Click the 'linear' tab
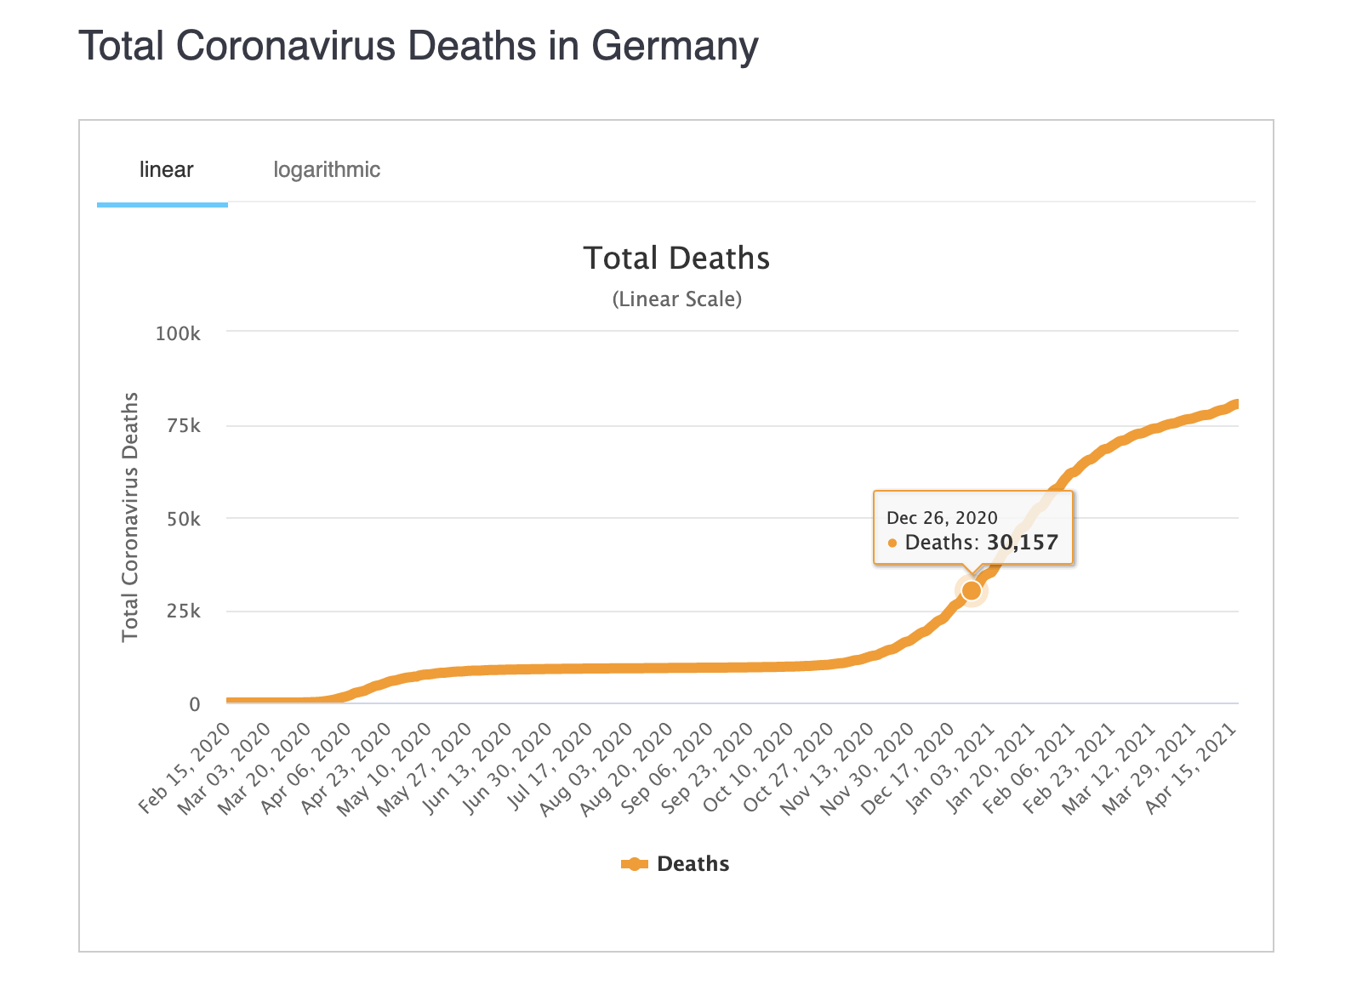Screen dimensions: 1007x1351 (x=166, y=170)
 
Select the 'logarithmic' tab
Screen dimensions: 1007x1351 (x=327, y=170)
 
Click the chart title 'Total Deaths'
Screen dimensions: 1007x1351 (x=676, y=259)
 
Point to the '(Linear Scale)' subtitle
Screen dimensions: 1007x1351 (x=676, y=299)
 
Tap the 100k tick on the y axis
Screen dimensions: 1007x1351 (x=178, y=333)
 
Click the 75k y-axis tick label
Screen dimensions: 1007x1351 (x=183, y=425)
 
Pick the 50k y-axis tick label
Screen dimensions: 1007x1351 (x=183, y=519)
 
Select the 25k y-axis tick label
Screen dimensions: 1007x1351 (x=183, y=612)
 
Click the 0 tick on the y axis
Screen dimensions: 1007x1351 (x=195, y=704)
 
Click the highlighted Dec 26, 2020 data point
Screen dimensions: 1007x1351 (x=972, y=590)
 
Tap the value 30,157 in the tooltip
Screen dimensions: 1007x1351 (x=1022, y=543)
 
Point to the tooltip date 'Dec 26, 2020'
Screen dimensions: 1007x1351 (x=942, y=518)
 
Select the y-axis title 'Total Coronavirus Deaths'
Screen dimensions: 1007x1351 (x=130, y=517)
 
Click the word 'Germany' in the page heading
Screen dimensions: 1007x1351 (x=675, y=47)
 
